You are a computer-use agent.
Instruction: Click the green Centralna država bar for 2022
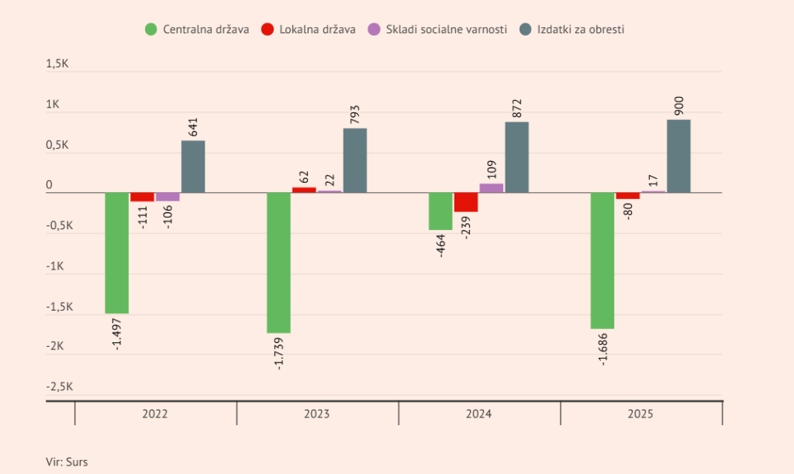point(116,253)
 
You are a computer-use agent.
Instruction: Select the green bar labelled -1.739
point(278,263)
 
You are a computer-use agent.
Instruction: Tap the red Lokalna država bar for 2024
point(466,202)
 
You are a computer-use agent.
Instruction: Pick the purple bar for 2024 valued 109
point(491,188)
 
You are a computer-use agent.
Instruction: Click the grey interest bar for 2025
point(678,156)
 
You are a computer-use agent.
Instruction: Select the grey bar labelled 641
point(193,167)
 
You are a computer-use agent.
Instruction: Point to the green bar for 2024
point(440,211)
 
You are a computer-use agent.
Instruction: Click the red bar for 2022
point(143,197)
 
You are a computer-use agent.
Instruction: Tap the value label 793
point(355,115)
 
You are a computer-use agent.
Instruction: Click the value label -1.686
point(602,349)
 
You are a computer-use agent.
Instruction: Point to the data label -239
point(466,227)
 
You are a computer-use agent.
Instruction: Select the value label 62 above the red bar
point(304,177)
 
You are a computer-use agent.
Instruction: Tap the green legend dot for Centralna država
point(151,29)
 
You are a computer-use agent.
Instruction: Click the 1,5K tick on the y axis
point(57,64)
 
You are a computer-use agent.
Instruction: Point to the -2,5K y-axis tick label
point(60,387)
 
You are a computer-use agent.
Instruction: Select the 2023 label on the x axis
point(316,414)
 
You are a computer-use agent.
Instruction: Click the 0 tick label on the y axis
point(49,185)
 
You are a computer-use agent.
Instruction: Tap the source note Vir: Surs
point(67,462)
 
